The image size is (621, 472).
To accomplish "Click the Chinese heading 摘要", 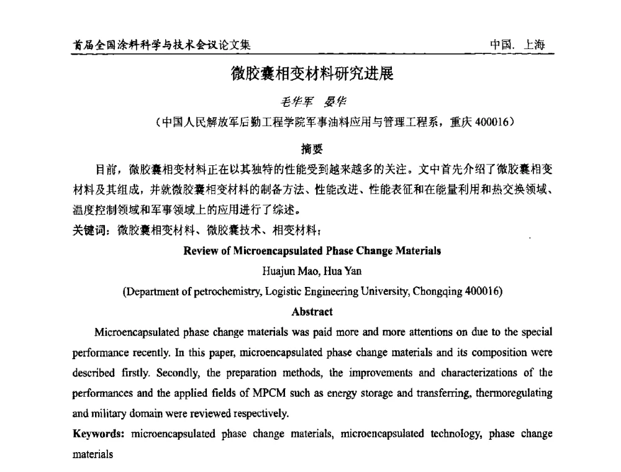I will (310, 148).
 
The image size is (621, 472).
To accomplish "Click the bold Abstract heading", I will (311, 311).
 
